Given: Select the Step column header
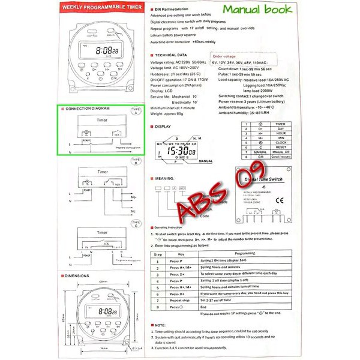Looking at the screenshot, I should (x=158, y=254).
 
